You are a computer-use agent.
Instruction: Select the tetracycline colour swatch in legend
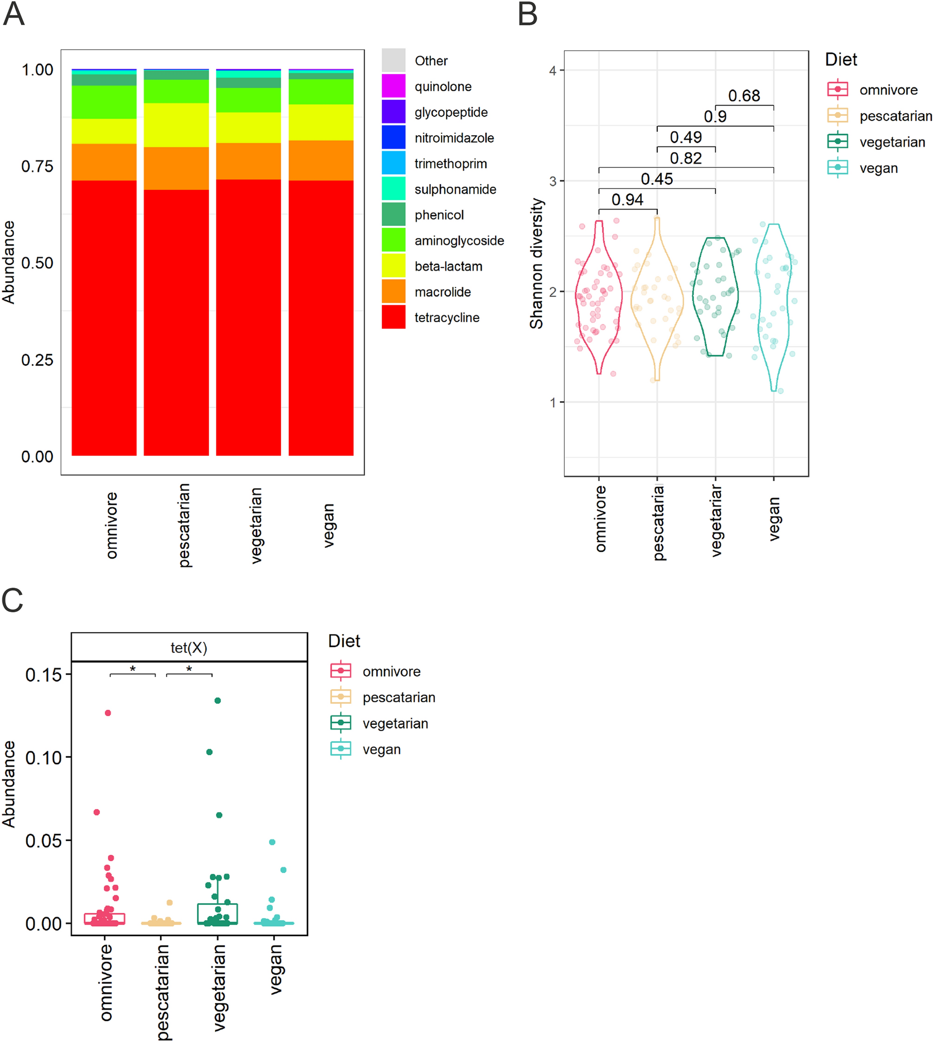393,317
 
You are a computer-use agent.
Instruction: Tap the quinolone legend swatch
393,86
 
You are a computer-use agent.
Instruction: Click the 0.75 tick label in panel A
37,166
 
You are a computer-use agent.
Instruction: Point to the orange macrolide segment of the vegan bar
321,160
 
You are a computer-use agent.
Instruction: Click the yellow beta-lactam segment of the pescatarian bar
176,125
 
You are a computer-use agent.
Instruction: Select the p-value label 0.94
627,199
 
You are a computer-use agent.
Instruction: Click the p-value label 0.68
744,95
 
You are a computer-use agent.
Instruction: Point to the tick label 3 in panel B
553,181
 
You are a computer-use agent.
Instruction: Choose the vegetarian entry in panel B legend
892,142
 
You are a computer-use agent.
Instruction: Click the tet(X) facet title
189,647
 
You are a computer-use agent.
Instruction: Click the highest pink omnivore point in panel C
108,712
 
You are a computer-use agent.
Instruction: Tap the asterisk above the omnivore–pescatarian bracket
132,668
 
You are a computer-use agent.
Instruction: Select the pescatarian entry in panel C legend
398,697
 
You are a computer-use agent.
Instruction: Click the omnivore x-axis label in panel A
111,525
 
